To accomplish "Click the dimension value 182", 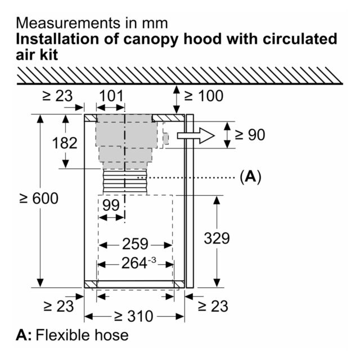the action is coord(65,143).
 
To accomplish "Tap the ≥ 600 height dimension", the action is coord(39,199).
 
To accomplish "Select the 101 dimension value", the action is coord(111,96).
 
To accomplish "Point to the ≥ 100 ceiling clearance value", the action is coord(204,96).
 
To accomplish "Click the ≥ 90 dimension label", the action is coord(250,134).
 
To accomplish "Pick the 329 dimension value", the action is coord(217,238).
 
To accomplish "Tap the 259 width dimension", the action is coord(135,244).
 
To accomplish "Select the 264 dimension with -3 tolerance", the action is coord(139,263).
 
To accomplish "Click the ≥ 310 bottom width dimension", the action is coord(134,316).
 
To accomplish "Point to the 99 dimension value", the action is coord(111,205).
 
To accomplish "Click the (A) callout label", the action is coord(250,177).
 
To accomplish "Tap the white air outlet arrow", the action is coord(196,136).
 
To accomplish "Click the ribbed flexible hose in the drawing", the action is coord(125,182).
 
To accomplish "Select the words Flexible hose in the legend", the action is coord(82,335).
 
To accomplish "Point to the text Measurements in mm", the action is coord(92,23).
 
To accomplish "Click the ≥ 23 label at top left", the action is coord(57,96).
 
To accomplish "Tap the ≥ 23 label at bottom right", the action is coord(213,306).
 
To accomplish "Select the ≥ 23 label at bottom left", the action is coord(58,306).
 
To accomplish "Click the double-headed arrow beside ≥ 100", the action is coord(176,100).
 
